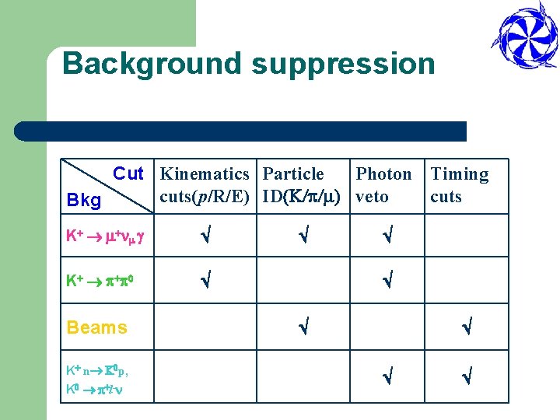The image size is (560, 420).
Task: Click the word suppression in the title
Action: (x=343, y=63)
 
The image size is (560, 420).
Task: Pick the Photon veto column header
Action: (x=383, y=185)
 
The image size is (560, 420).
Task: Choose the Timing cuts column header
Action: (x=460, y=185)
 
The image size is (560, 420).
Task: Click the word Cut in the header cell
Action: (x=128, y=173)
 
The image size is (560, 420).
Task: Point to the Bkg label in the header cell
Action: (x=84, y=201)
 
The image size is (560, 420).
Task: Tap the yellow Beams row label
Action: (x=97, y=327)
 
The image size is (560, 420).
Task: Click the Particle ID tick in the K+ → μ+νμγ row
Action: (x=303, y=234)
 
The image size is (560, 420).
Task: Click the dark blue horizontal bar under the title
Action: (x=241, y=131)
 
